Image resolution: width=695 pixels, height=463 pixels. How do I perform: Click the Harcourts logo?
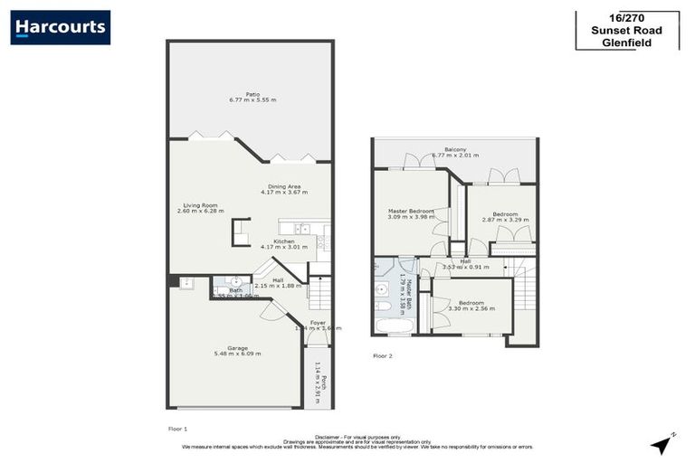coord(61,27)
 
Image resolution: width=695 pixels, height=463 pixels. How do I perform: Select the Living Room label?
coord(199,208)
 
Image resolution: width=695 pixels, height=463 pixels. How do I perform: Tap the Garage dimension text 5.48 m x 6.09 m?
coord(237,354)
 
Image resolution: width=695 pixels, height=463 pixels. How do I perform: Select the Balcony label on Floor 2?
coord(455,149)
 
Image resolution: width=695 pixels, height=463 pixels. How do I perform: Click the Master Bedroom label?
coord(410,213)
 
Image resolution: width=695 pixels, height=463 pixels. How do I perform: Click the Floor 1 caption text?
coord(177,427)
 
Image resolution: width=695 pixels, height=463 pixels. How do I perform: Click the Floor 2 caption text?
coord(383,356)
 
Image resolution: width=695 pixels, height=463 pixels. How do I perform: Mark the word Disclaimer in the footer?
coord(329,436)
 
